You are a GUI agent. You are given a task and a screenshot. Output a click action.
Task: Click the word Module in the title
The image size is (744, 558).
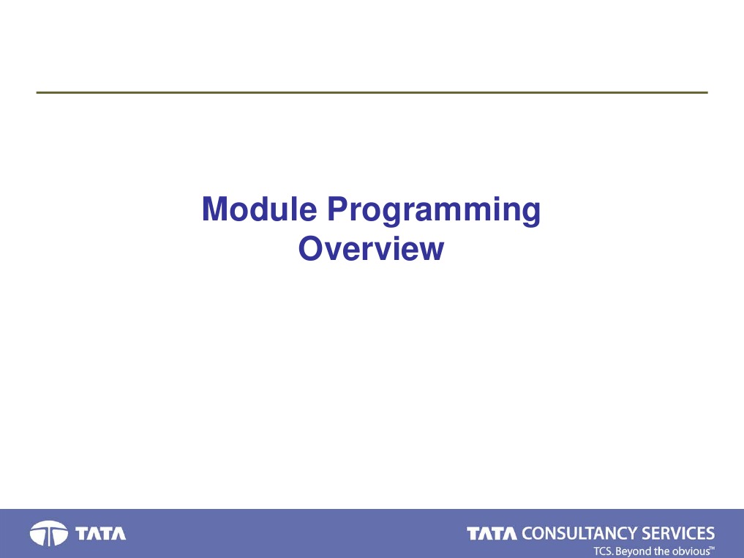260,209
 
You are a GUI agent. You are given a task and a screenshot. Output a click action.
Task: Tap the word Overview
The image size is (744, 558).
371,248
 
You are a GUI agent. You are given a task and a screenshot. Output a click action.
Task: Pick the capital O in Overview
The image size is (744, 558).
311,248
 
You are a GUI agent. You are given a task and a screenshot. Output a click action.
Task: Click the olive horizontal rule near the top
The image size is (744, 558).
372,92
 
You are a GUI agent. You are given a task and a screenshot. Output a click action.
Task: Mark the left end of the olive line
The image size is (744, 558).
37,92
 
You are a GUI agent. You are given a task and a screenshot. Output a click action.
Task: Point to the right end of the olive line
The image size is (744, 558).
707,92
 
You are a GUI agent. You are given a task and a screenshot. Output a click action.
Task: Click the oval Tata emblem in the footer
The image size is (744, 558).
49,533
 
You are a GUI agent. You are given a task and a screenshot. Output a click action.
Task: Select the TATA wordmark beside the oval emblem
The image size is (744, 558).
101,533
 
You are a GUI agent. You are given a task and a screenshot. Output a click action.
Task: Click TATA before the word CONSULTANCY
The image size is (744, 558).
492,533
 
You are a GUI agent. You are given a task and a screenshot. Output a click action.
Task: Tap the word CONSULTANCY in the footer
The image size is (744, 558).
579,533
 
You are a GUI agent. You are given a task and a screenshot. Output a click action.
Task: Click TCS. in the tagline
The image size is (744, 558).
604,551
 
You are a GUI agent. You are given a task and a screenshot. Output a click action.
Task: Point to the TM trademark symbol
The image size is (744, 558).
713,548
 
